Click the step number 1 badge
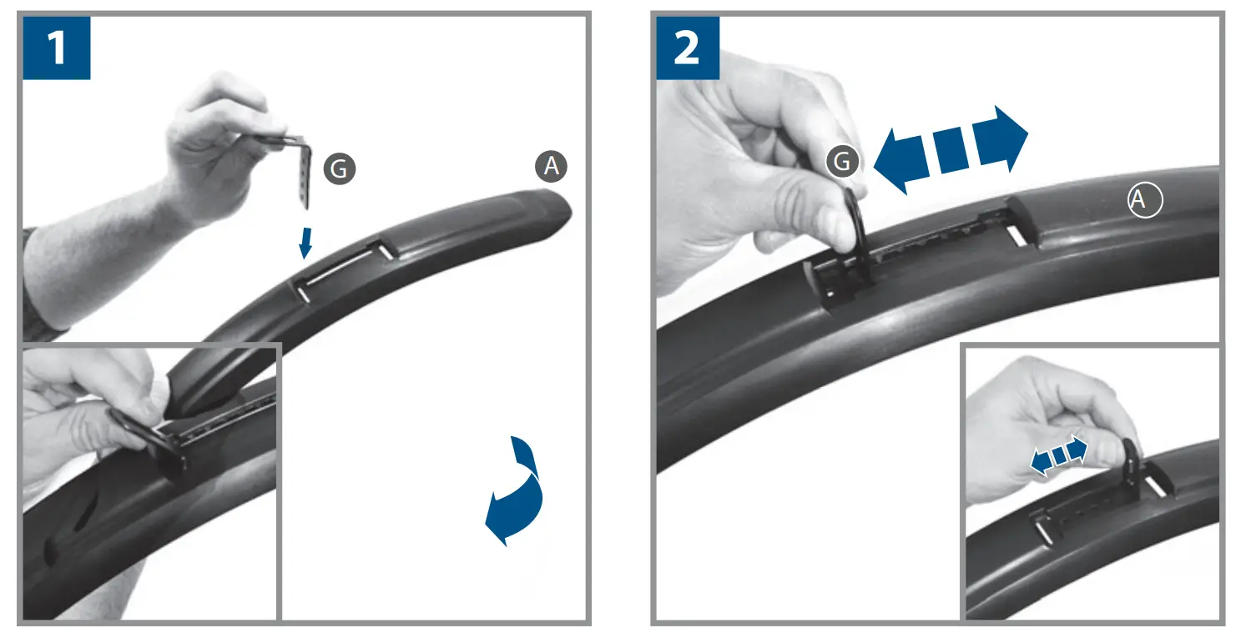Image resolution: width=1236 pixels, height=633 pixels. (x=56, y=48)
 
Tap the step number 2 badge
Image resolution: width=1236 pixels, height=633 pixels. (x=688, y=48)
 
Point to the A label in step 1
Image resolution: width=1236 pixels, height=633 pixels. (x=551, y=167)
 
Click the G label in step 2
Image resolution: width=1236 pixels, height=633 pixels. (x=843, y=162)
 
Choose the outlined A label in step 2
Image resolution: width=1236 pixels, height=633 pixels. (x=1145, y=200)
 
